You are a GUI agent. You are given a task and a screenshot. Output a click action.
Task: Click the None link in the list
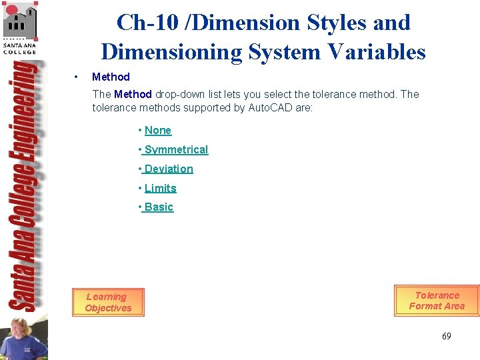coord(158,131)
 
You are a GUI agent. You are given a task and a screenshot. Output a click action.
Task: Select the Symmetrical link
coord(176,150)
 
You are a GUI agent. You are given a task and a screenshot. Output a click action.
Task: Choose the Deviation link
coord(169,169)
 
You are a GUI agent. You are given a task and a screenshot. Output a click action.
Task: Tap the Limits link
coord(161,189)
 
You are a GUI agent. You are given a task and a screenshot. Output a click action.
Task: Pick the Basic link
coord(159,207)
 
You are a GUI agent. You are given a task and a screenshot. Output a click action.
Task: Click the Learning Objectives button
coord(108,303)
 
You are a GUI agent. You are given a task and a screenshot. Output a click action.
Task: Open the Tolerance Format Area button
coord(437,301)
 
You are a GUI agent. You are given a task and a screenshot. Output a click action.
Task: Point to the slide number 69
coord(446,336)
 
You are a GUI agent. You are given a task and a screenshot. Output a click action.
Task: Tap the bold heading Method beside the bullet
coord(111,77)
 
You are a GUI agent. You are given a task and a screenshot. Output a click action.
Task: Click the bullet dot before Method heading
coord(78,77)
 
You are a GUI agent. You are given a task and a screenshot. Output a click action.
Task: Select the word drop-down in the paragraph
coord(181,94)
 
